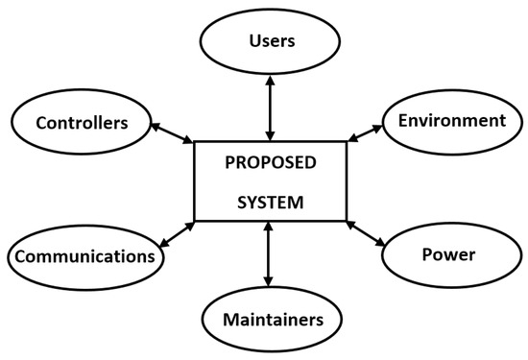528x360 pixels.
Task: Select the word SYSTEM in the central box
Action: point(268,204)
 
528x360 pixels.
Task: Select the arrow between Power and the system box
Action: point(365,233)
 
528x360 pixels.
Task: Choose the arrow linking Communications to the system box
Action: point(176,233)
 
